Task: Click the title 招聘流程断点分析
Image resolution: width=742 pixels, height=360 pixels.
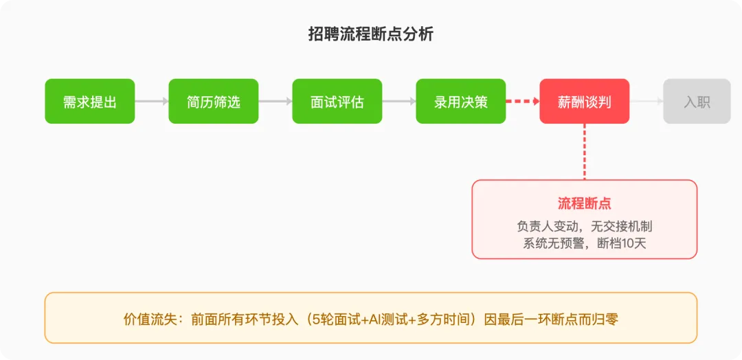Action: pos(370,34)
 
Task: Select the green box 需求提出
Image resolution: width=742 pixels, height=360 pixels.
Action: pos(90,102)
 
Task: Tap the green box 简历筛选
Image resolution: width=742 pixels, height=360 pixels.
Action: pos(214,102)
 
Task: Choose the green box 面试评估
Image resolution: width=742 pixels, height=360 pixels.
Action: pos(337,102)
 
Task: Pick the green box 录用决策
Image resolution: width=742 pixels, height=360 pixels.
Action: pos(461,102)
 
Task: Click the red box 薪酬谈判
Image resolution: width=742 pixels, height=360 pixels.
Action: pos(585,102)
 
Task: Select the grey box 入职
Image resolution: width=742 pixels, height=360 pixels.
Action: pos(697,102)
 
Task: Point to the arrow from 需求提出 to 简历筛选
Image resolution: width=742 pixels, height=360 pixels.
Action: pos(152,102)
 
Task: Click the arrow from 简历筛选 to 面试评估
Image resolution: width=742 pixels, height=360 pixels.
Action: pos(276,102)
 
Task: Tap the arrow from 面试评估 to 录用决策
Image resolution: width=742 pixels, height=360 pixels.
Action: pos(399,102)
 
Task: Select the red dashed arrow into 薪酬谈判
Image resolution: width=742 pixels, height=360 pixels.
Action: pos(523,102)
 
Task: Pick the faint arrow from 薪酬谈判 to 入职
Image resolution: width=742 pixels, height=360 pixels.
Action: pos(647,102)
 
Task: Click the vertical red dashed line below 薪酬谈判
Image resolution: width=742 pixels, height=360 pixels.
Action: pos(585,152)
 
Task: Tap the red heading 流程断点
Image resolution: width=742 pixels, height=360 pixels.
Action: pos(585,203)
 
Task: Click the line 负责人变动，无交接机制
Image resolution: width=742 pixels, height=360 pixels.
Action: pos(585,225)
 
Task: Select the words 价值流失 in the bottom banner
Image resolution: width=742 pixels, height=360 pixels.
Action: pos(148,319)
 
